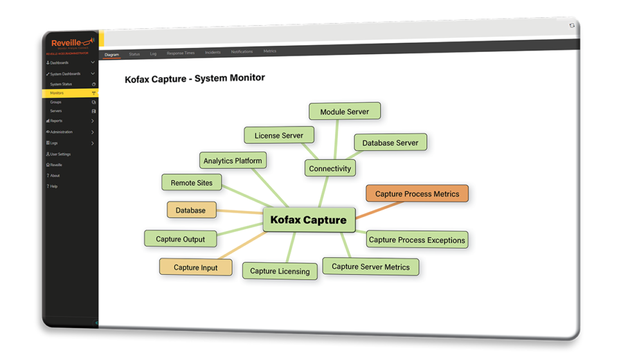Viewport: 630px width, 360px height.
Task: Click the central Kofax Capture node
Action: click(x=309, y=220)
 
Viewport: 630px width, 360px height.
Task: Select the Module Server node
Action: click(x=345, y=111)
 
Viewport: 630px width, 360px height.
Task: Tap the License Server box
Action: click(x=278, y=136)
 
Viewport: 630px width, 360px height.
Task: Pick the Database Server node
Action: click(x=390, y=143)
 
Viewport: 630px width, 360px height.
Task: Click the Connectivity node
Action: click(x=330, y=168)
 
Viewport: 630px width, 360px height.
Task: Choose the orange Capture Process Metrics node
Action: click(x=417, y=194)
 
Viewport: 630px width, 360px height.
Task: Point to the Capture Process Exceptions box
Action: click(x=417, y=240)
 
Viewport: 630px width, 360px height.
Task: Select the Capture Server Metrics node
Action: click(x=370, y=267)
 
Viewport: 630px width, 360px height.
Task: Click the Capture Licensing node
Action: click(x=280, y=271)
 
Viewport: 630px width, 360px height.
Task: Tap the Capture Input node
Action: click(x=195, y=267)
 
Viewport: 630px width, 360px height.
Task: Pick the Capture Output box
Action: click(x=180, y=239)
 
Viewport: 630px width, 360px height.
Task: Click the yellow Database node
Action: click(x=190, y=210)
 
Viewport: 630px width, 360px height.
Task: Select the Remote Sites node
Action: click(x=191, y=183)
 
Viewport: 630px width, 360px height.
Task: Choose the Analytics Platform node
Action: click(x=232, y=161)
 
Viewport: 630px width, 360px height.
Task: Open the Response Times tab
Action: click(x=181, y=53)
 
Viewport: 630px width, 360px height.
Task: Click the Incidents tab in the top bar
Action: click(x=213, y=52)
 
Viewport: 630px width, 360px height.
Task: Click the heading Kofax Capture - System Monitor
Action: click(x=194, y=78)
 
